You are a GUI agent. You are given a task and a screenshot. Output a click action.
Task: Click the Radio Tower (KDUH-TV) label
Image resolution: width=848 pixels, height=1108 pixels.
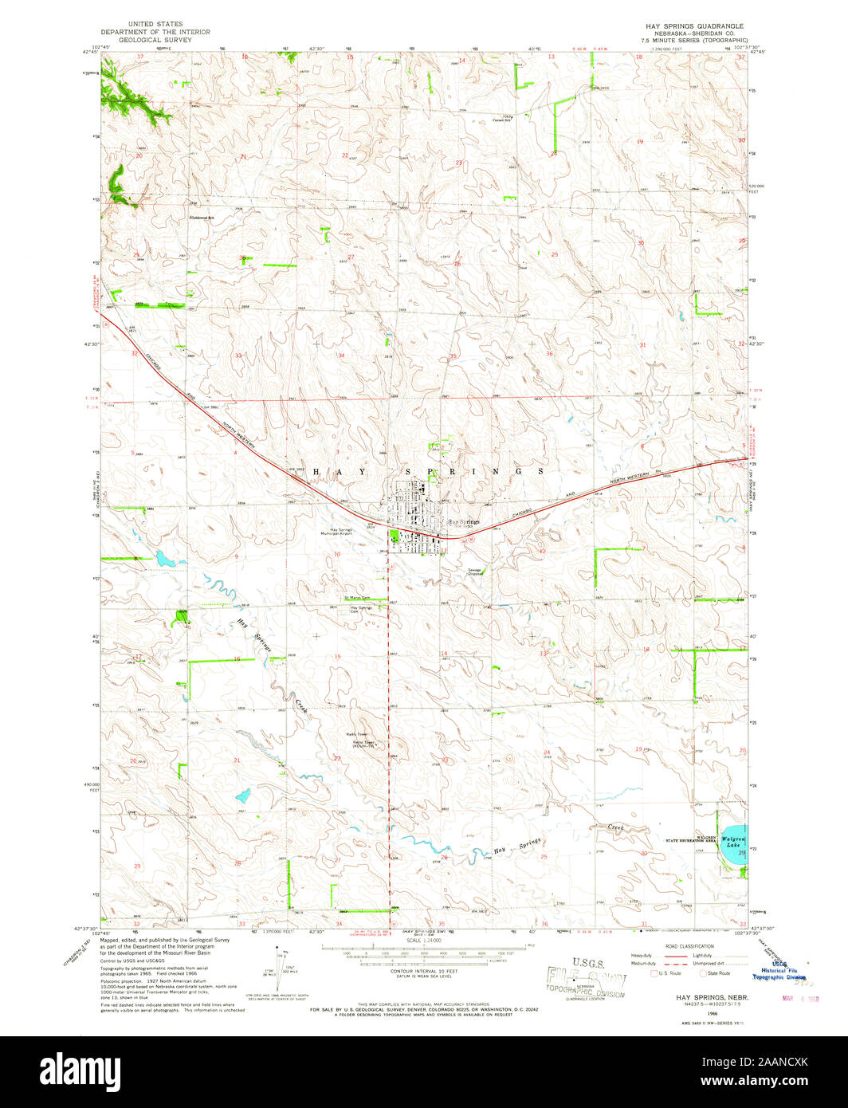[x=363, y=744]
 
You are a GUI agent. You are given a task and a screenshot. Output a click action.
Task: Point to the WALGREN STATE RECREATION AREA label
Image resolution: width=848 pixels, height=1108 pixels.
[x=690, y=839]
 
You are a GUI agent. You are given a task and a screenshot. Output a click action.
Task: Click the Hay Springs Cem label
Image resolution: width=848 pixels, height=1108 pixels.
[x=361, y=609]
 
